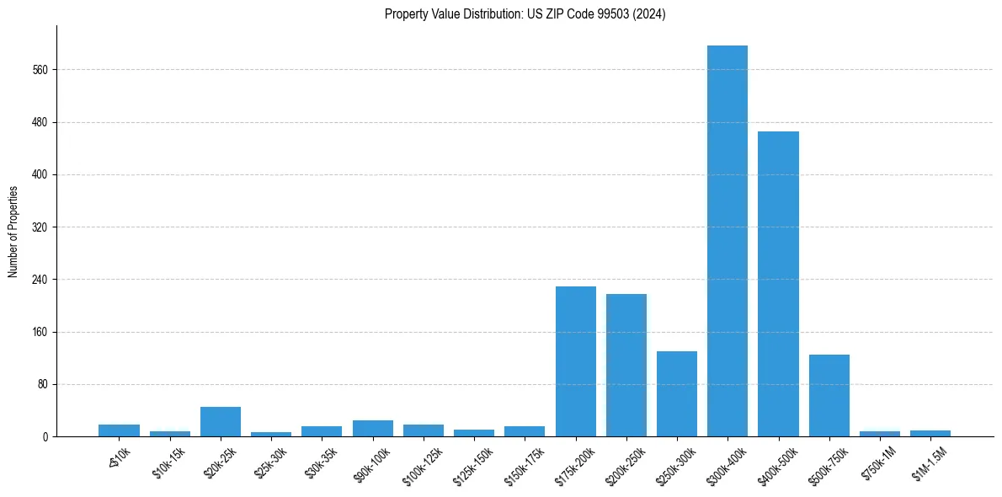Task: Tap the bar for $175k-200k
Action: (576, 361)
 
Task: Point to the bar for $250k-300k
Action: (677, 393)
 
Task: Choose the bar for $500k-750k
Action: (829, 395)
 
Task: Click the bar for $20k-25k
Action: (221, 421)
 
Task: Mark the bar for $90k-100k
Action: (373, 428)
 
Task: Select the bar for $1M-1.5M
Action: (930, 433)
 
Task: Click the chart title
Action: (525, 14)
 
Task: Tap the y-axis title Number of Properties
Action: (13, 232)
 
